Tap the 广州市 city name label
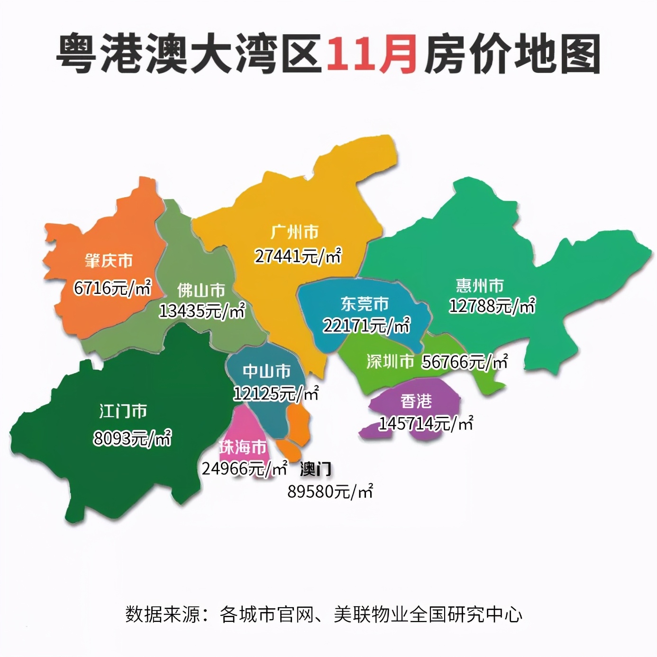click(294, 232)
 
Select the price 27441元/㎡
click(298, 256)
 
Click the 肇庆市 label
click(109, 261)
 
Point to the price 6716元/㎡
click(112, 288)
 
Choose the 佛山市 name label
click(201, 290)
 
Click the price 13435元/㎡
click(202, 311)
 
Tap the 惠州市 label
click(480, 285)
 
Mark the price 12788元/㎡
click(492, 306)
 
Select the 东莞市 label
click(365, 303)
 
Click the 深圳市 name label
click(390, 362)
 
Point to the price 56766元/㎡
click(465, 362)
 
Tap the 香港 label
click(416, 401)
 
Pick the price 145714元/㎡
click(425, 423)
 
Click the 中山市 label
click(266, 371)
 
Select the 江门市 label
click(123, 411)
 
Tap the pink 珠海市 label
click(243, 447)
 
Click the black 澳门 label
click(316, 469)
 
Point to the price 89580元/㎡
click(330, 492)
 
